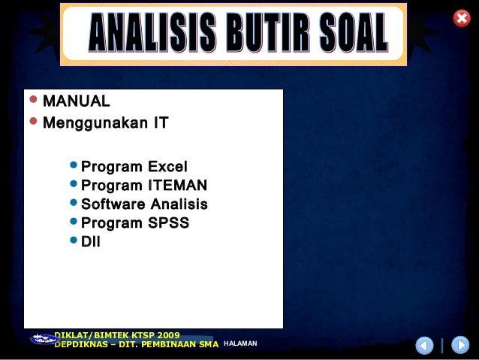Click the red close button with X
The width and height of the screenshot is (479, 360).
pos(462,19)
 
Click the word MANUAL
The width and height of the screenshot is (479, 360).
pos(77,101)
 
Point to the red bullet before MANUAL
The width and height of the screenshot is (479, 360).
pos(32,100)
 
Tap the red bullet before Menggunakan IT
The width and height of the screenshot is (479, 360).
pos(32,121)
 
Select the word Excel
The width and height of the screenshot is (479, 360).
pos(168,167)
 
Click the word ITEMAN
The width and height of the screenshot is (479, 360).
pos(178,186)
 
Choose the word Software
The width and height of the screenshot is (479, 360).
pos(113,204)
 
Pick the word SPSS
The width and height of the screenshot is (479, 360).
pos(169,223)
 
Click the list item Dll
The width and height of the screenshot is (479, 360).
pos(91,242)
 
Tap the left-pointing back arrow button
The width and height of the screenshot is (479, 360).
pos(424,346)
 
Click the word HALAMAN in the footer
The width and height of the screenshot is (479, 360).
pos(240,343)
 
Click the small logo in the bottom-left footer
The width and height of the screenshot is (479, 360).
pos(43,340)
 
